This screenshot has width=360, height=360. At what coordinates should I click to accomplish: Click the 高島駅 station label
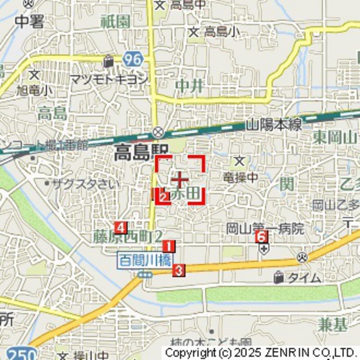132,153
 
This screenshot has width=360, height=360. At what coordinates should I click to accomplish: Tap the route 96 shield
133,60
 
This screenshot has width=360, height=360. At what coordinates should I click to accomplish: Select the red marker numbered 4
120,227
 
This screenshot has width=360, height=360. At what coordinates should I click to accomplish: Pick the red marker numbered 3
179,271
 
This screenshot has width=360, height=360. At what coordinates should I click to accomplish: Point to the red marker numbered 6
261,237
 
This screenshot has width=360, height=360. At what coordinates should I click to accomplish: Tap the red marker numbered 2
163,196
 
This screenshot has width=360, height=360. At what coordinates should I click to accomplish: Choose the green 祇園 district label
113,21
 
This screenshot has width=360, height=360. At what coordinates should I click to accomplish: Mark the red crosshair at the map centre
181,179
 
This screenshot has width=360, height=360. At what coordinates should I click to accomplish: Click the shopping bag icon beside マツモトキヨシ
109,60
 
